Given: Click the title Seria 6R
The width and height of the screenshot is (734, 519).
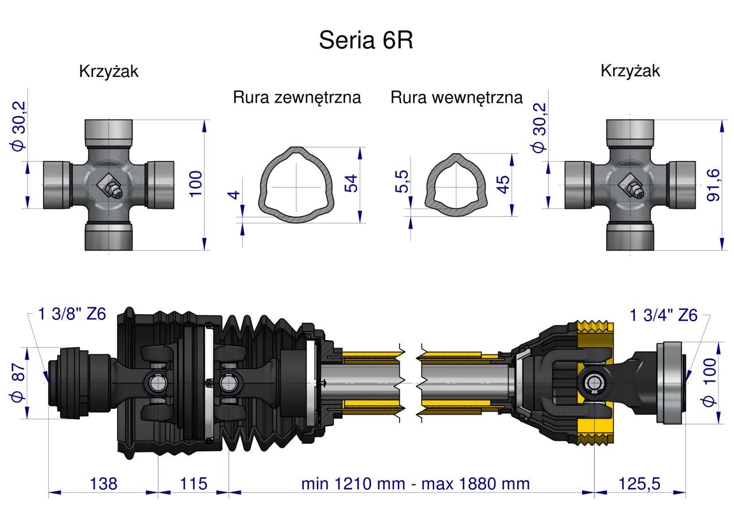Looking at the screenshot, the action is click(x=366, y=40).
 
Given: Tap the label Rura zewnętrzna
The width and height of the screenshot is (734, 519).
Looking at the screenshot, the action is click(x=297, y=97).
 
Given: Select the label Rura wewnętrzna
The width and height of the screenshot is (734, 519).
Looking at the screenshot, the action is click(x=456, y=97).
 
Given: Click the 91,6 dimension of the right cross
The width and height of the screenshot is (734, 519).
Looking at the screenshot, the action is click(x=713, y=185).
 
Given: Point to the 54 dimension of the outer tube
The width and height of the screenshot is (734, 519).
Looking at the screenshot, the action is click(x=350, y=183).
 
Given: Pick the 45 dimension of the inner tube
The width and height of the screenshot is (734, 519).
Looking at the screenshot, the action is click(x=503, y=185).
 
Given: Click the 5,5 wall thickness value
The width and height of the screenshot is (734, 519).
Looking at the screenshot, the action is click(x=402, y=181).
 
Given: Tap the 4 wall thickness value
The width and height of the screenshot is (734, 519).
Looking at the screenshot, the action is click(x=233, y=195).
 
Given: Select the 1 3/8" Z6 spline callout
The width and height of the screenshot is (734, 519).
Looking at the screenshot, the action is click(x=72, y=314).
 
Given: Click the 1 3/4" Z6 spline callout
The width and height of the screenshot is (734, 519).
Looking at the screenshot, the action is click(x=664, y=315).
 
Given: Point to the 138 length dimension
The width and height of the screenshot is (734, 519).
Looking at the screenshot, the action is click(x=103, y=483).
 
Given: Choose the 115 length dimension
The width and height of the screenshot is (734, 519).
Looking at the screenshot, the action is click(x=193, y=483).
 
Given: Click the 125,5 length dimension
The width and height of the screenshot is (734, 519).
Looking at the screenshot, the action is click(x=639, y=483).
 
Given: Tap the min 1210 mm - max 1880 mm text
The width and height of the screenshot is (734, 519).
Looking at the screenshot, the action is click(x=416, y=483).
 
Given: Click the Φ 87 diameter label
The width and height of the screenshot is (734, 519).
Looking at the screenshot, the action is click(x=18, y=382).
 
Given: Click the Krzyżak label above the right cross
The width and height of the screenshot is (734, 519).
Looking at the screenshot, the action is click(x=630, y=71).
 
